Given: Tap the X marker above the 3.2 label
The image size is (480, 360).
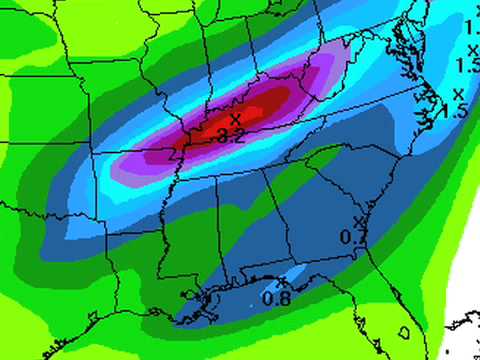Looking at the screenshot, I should pos(234,119).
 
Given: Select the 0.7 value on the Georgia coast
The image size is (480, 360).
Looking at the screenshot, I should pos(350,236).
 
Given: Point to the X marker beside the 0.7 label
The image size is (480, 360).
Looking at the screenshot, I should pos(359,222).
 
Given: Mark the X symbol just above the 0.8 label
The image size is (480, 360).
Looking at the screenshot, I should pos(283,281).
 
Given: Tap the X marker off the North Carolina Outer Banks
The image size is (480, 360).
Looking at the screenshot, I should pos(458,93).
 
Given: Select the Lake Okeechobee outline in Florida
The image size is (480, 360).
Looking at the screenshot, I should pos(405,329).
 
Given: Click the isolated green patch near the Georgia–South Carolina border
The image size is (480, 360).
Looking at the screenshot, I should pos(325,158).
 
